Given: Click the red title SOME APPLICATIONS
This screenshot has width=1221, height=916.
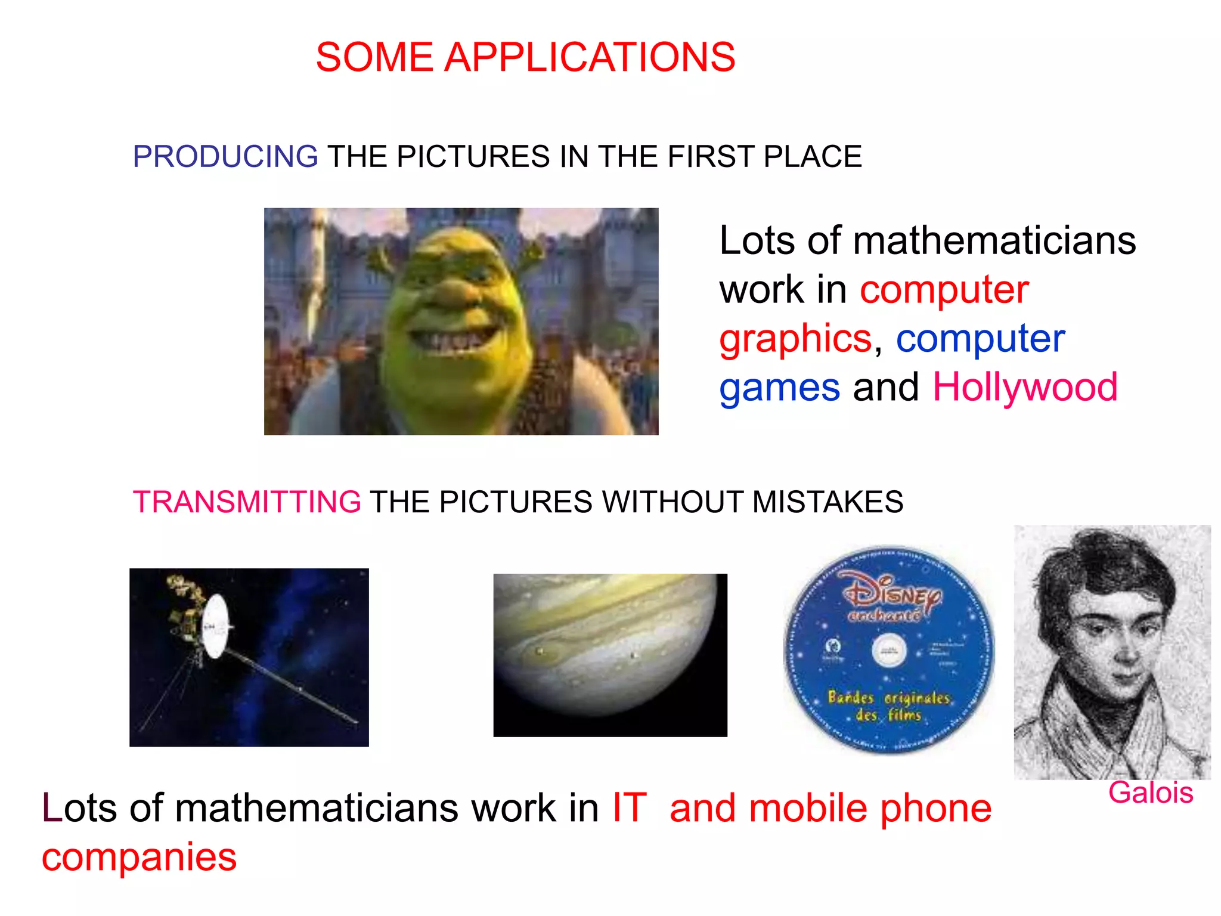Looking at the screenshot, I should [525, 58].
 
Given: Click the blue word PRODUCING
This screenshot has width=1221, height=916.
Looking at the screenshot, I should [225, 157].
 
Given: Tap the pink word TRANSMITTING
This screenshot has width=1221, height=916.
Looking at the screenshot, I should [246, 502].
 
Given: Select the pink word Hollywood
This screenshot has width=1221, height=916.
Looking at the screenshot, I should [1025, 388].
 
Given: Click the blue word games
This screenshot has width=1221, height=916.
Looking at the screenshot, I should [779, 388].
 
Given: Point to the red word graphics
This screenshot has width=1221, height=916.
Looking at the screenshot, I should [795, 339].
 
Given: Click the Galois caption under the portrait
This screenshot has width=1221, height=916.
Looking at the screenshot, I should [1150, 793].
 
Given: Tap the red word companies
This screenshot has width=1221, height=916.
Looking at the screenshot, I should [139, 858].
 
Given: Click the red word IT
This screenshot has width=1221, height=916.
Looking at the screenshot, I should [629, 809].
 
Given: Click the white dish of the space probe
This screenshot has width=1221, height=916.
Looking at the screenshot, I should [215, 626].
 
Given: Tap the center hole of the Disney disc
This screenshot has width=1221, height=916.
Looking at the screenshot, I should [889, 650].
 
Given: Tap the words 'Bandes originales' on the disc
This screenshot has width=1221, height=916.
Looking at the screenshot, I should [888, 698].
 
